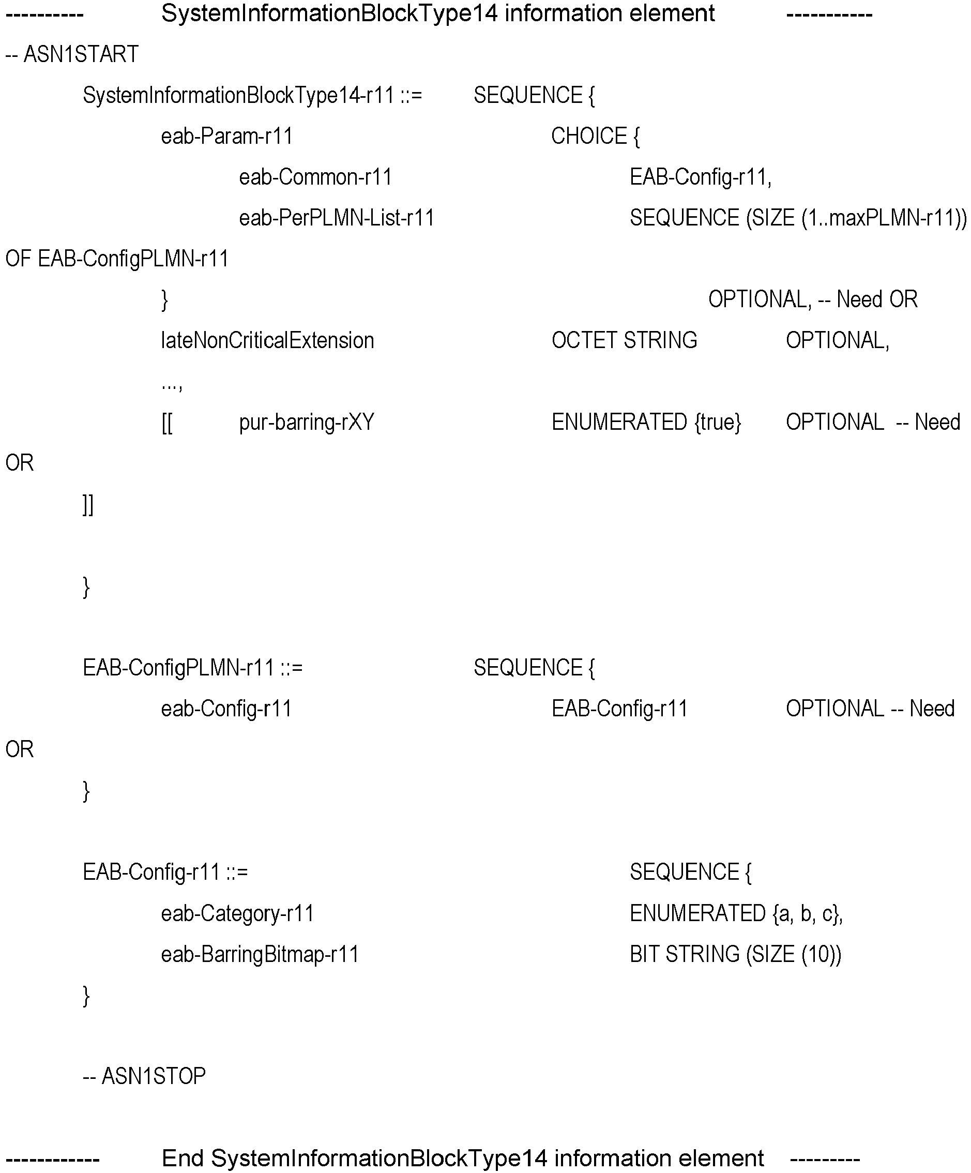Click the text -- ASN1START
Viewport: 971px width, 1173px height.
coord(71,54)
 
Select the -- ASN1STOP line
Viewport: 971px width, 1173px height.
coord(144,1076)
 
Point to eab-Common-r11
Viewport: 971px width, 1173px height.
coord(315,177)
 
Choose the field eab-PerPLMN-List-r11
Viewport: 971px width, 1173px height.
coord(337,218)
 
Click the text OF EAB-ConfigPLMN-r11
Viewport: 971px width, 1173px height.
coord(117,259)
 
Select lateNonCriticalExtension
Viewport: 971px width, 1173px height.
coord(267,341)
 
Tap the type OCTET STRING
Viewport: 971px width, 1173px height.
coord(624,340)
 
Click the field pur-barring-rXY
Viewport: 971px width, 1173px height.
coord(307,422)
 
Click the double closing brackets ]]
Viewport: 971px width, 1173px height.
coord(88,504)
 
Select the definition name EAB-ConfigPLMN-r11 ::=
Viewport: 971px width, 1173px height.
coord(193,668)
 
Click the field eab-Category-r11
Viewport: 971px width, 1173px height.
coord(237,914)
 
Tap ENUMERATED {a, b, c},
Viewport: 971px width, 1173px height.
coord(736,914)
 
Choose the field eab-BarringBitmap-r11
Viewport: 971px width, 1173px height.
coord(260,955)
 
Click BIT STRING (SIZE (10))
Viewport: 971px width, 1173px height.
coord(735,955)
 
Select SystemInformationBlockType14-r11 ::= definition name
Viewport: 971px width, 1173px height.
coord(252,96)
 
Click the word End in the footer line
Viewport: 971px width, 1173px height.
coord(182,1158)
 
